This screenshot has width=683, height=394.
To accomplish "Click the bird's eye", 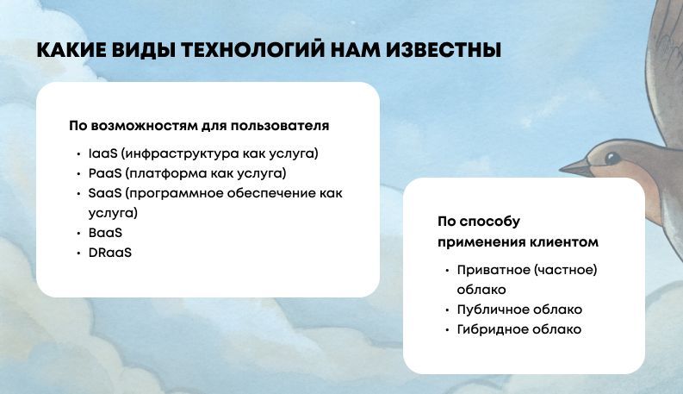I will [612, 158].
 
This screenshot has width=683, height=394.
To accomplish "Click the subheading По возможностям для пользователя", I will [199, 126].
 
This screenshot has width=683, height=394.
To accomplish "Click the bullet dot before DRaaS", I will [78, 253].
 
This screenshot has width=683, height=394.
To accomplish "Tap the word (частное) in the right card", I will [566, 270].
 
